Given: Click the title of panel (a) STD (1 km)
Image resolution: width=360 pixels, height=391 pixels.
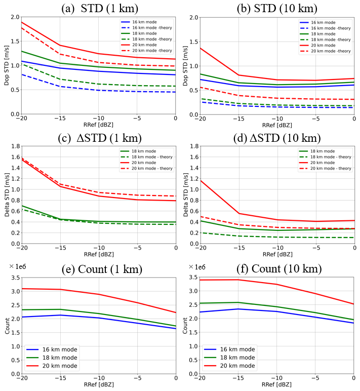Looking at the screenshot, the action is [x=100, y=8].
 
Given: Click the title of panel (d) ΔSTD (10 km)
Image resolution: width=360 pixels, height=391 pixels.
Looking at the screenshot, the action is [x=277, y=138].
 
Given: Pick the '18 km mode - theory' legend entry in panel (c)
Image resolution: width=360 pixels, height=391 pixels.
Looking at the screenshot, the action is [x=146, y=157].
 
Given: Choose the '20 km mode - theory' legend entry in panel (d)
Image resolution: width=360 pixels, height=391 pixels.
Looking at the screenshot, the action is [x=325, y=168].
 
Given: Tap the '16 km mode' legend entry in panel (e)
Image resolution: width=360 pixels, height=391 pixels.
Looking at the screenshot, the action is [x=52, y=349].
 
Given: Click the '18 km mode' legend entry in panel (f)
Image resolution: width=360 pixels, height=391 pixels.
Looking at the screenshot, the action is [x=229, y=358].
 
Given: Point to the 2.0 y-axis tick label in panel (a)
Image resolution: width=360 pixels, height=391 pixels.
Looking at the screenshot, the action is [x=15, y=17].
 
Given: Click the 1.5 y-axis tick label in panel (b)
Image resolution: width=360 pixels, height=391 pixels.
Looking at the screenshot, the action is [x=193, y=42].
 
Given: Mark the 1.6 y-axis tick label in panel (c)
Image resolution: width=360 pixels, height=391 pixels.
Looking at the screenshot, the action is [x=16, y=157].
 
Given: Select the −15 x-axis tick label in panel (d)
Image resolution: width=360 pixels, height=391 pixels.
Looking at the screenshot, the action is [x=239, y=248].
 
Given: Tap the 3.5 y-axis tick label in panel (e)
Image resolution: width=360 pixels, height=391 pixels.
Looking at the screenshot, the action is [x=16, y=278].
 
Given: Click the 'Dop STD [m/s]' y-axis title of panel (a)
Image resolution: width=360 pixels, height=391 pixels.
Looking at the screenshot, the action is [x=7, y=65].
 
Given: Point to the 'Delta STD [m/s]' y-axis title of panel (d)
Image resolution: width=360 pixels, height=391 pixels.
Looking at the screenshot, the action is [x=185, y=194].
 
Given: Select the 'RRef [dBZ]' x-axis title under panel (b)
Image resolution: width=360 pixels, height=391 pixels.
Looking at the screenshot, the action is [x=277, y=125].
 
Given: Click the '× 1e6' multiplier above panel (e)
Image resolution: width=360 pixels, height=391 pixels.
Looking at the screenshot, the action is [x=17, y=266].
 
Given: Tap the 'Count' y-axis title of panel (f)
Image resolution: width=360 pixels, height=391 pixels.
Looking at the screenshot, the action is [x=185, y=326].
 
